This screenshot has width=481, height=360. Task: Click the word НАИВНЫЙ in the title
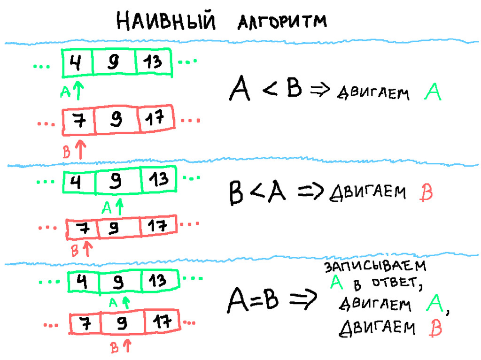(x=166, y=21)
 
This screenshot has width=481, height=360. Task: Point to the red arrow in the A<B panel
(x=80, y=149)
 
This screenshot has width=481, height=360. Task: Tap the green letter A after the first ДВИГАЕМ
(x=433, y=91)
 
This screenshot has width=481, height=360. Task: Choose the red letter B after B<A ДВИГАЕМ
(x=424, y=193)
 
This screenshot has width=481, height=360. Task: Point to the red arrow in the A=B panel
(x=126, y=346)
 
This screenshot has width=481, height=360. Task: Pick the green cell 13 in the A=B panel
(x=158, y=281)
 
